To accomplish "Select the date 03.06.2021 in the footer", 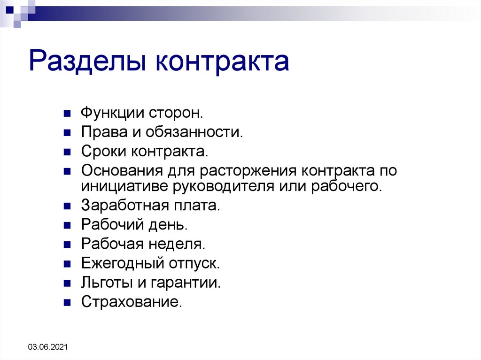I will coord(48,347).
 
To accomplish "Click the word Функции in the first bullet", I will coord(112,114).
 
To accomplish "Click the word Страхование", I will coord(131,302).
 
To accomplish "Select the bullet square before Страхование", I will coord(68,302).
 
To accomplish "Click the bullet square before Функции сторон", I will coord(68,114).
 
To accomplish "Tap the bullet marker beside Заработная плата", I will coord(68,206).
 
